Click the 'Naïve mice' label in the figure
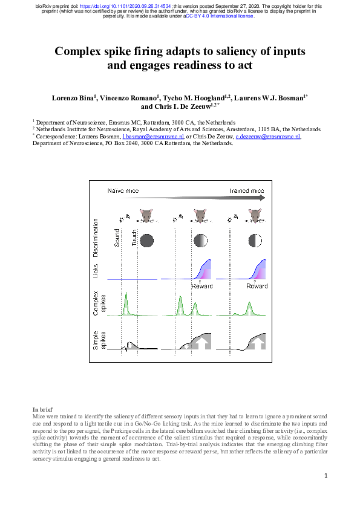[x=123, y=190]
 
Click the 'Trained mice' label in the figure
[x=246, y=190]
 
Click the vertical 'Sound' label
[x=117, y=238]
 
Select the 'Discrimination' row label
[x=96, y=240]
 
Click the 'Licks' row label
[x=96, y=271]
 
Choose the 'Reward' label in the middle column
[x=202, y=286]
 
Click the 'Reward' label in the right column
[x=257, y=286]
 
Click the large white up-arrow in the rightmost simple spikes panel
[x=257, y=343]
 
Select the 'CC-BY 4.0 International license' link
[x=220, y=16]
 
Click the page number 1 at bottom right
[x=325, y=476]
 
